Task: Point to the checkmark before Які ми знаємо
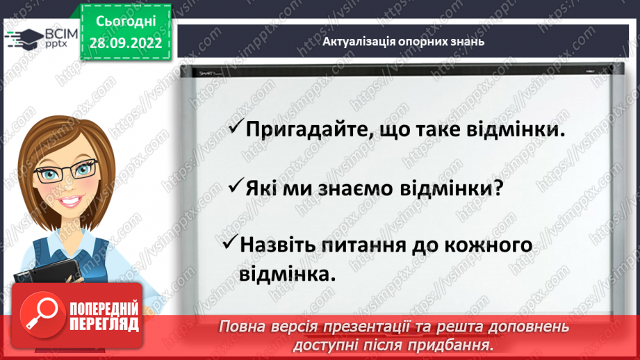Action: tap(236, 186)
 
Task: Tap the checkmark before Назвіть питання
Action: tap(231, 245)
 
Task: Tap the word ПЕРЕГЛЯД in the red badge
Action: tap(104, 324)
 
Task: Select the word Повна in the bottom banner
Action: tap(239, 326)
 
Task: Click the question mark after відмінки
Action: tap(497, 188)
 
